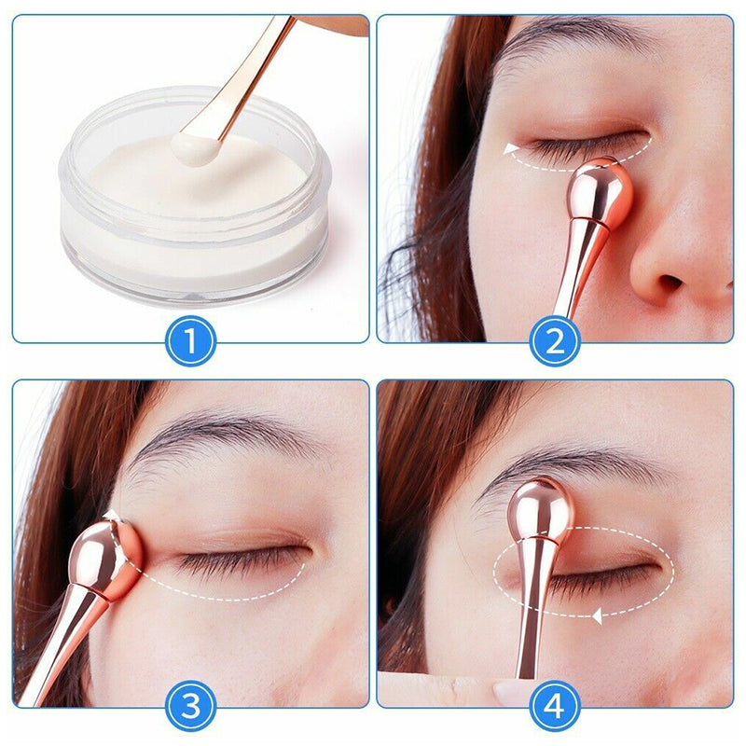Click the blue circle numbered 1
(x=191, y=340)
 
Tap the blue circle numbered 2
(x=555, y=340)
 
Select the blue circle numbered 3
(x=191, y=706)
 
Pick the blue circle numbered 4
(x=555, y=706)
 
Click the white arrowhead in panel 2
(x=511, y=149)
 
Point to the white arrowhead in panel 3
(x=111, y=517)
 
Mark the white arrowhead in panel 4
(x=597, y=617)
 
